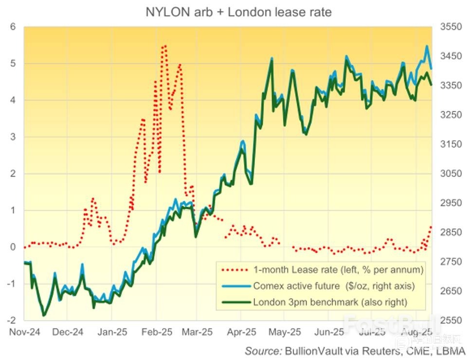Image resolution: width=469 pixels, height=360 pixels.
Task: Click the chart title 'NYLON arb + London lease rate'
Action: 238,12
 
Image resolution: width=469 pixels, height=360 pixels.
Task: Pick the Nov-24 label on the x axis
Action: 23,332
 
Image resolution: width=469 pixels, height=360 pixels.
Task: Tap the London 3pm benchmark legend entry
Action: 329,302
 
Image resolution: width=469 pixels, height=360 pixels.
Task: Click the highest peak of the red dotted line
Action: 165,46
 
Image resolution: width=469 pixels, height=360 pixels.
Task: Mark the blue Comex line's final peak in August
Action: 427,46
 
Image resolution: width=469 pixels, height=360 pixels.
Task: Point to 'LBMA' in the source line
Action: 451,351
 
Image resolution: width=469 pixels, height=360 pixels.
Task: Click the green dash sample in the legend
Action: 235,302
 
